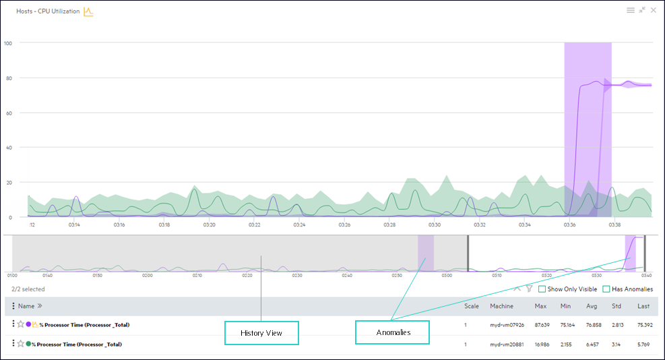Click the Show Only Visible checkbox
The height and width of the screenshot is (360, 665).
(542, 289)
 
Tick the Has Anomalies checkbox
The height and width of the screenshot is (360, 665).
(606, 289)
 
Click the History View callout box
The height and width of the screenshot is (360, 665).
(261, 333)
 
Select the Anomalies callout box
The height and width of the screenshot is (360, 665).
(392, 332)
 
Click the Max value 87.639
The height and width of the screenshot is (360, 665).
(540, 325)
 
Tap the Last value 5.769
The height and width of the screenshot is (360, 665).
(644, 344)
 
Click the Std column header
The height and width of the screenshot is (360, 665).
(616, 306)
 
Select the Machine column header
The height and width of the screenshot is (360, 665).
(501, 306)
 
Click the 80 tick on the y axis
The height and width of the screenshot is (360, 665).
(8, 78)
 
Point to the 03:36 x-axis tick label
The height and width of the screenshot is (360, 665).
(569, 224)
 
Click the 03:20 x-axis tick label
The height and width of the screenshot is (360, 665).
(209, 224)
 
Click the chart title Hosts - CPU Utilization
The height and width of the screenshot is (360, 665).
(48, 11)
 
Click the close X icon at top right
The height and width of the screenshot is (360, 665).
(654, 10)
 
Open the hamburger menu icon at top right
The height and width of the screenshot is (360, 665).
(631, 10)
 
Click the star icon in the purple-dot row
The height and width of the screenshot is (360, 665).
(20, 324)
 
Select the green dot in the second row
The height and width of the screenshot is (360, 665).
(28, 344)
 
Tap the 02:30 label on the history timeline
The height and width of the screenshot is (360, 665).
(297, 275)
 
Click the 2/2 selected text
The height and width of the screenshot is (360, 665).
(28, 289)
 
